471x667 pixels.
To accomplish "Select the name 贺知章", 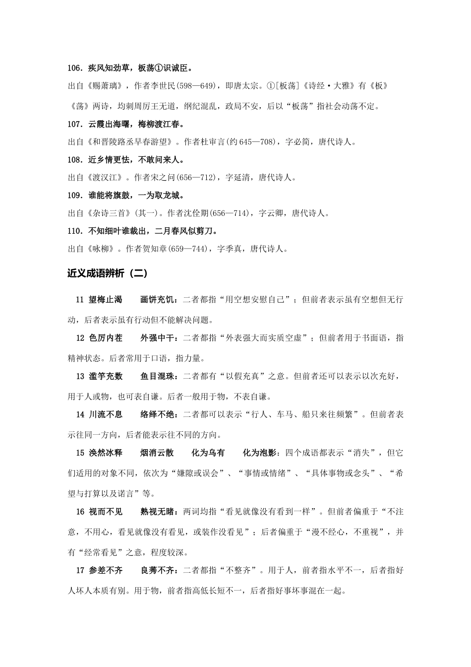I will click(x=157, y=249).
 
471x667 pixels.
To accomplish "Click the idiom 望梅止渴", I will click(x=106, y=300).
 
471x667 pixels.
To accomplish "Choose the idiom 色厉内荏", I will click(x=106, y=338).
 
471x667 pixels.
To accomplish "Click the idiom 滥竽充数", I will click(x=106, y=376).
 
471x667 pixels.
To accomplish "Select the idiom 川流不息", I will click(x=106, y=414).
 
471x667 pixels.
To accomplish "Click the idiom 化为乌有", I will click(x=208, y=453).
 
